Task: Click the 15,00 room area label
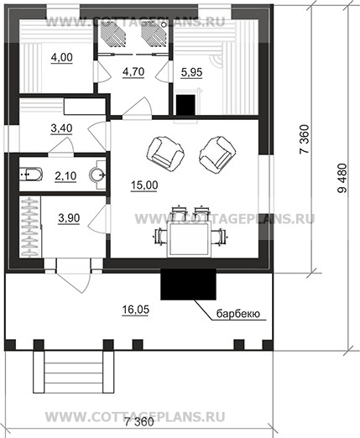[x=144, y=185]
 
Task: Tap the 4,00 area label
[x=62, y=57]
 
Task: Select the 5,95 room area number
[x=191, y=72]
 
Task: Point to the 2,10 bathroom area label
[x=65, y=176]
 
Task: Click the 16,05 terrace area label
[x=136, y=310]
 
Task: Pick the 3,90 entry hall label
[x=69, y=218]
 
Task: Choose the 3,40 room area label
[x=61, y=128]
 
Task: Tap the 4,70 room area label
[x=133, y=71]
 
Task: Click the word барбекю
[x=238, y=314]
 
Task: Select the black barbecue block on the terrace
[x=188, y=284]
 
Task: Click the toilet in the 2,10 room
[x=30, y=175]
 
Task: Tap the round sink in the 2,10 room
[x=97, y=175]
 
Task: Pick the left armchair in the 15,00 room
[x=165, y=154]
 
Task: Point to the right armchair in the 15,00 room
[x=217, y=154]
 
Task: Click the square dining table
[x=189, y=238]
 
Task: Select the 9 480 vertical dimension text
[x=342, y=178]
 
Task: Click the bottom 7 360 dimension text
[x=139, y=422]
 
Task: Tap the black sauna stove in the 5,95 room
[x=185, y=105]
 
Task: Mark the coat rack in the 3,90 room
[x=30, y=227]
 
